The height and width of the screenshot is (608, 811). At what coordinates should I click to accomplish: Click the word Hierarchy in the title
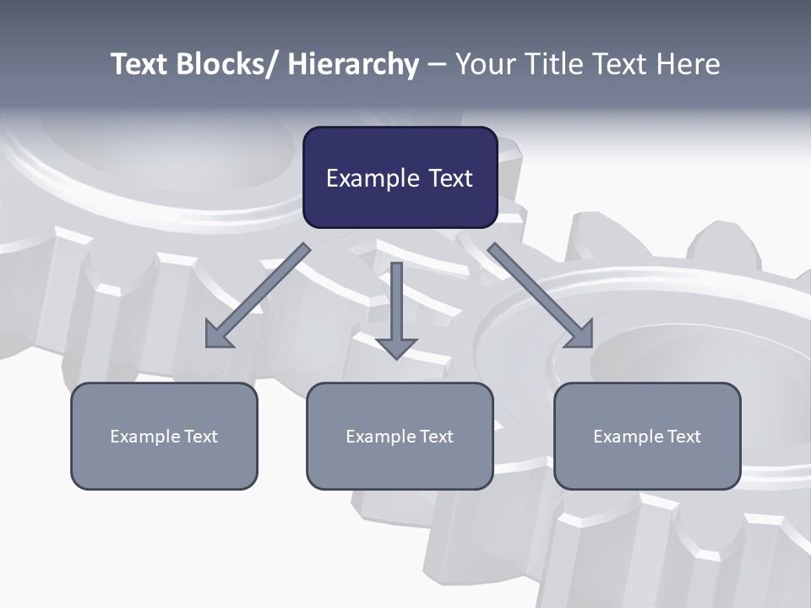tap(352, 64)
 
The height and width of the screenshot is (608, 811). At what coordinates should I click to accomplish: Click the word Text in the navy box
tap(449, 178)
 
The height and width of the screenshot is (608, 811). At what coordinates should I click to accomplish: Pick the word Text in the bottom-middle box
tap(436, 437)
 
